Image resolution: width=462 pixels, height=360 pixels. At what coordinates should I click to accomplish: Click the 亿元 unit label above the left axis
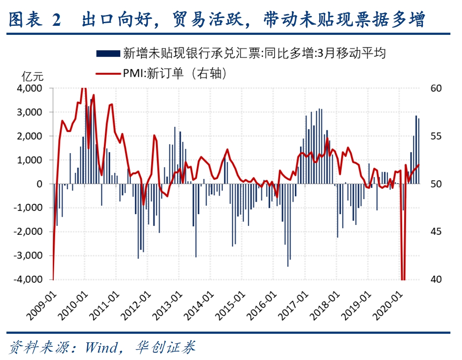coord(33,77)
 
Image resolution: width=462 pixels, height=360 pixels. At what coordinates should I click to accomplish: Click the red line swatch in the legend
coord(108,74)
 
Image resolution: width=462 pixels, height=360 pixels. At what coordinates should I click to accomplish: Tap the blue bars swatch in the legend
coord(108,53)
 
